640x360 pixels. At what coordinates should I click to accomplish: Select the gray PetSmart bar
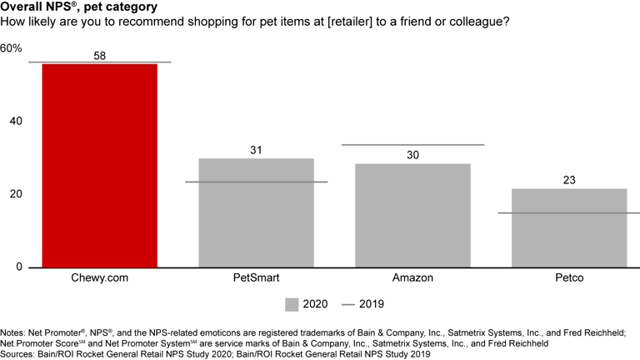pyautogui.click(x=256, y=212)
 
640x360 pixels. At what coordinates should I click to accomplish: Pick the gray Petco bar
pyautogui.click(x=568, y=227)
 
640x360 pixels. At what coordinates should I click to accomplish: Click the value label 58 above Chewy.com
pyautogui.click(x=100, y=56)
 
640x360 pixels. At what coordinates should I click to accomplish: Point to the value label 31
pyautogui.click(x=256, y=151)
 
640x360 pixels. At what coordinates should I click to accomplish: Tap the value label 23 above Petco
pyautogui.click(x=568, y=181)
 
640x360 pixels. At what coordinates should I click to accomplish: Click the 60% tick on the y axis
pyautogui.click(x=11, y=47)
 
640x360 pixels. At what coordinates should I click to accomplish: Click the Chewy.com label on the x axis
pyautogui.click(x=99, y=276)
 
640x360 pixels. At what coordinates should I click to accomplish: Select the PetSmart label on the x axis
pyautogui.click(x=256, y=276)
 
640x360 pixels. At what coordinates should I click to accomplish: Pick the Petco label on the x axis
pyautogui.click(x=568, y=276)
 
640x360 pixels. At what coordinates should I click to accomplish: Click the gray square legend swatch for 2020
pyautogui.click(x=292, y=304)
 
